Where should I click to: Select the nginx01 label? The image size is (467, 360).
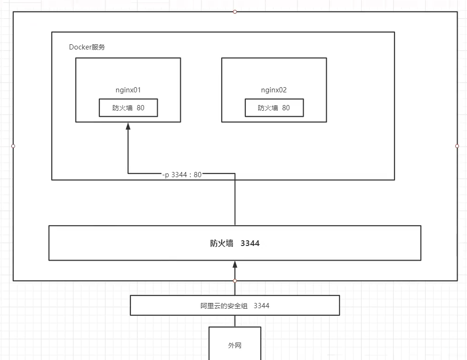(128, 90)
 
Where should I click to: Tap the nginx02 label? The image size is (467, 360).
(274, 90)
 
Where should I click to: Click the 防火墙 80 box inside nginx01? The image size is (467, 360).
(128, 108)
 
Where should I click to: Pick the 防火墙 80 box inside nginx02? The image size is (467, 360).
(274, 108)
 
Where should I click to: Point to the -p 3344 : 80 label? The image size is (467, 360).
(182, 175)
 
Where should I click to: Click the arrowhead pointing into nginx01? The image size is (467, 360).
(128, 126)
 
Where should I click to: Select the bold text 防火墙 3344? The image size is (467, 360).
(234, 244)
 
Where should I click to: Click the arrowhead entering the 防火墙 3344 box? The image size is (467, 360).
(235, 265)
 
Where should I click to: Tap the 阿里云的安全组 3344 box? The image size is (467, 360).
(235, 305)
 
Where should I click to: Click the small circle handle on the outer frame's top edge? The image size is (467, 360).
(235, 12)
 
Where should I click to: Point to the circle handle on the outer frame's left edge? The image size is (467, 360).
(13, 146)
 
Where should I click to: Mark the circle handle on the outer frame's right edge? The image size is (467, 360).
(457, 146)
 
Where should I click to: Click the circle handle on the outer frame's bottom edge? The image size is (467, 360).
(235, 281)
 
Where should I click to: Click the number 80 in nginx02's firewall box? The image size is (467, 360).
(286, 108)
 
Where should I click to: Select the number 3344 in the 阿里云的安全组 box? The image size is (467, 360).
(261, 306)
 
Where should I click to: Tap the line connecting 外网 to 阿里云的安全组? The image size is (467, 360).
(235, 321)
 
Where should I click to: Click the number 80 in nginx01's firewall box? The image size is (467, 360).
(140, 108)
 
